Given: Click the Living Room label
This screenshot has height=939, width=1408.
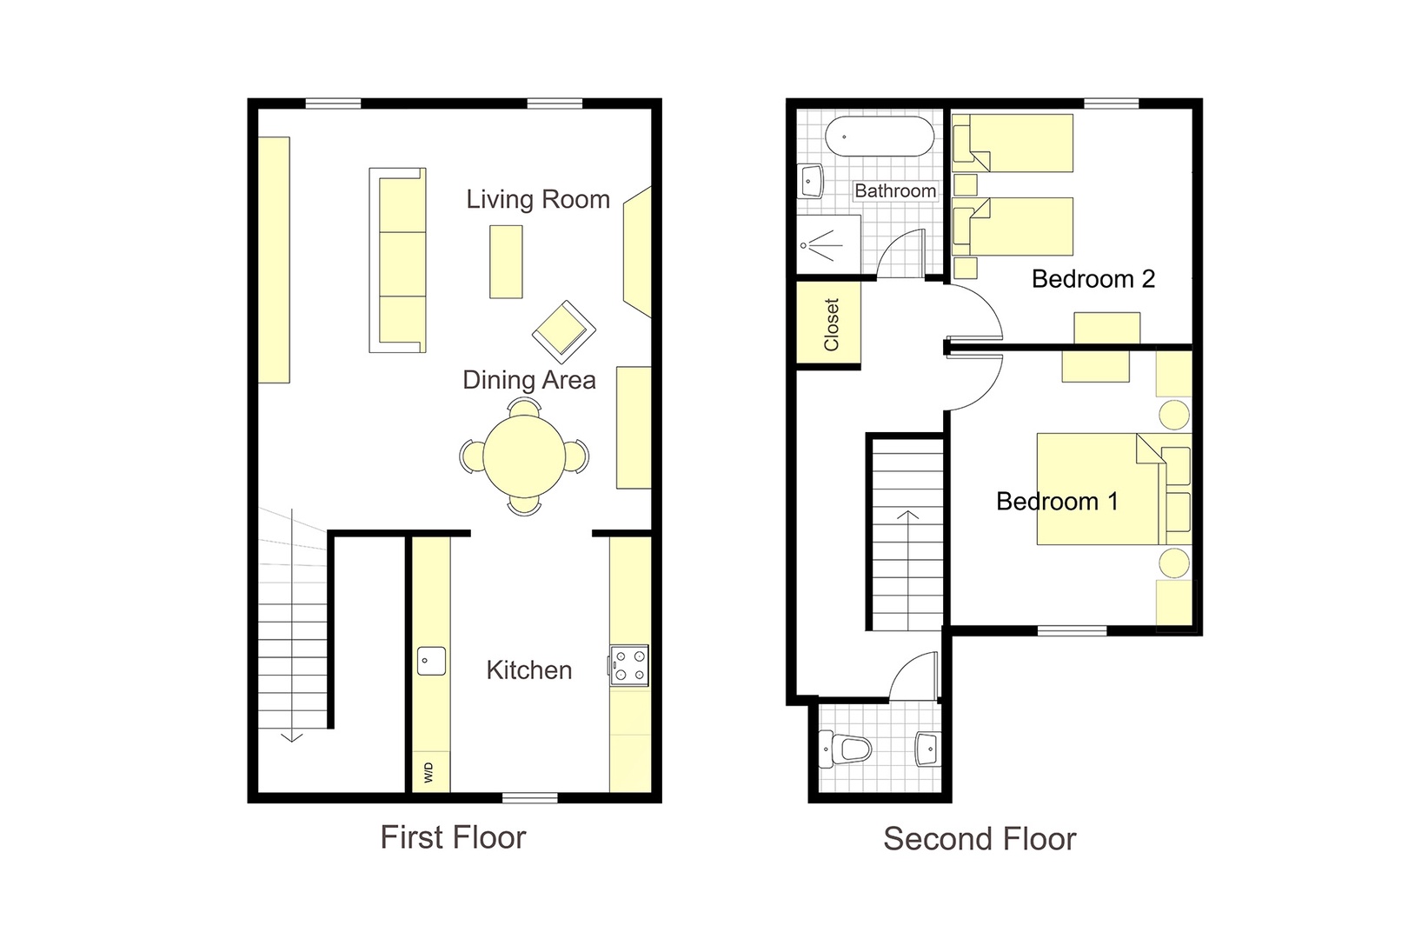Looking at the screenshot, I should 538,199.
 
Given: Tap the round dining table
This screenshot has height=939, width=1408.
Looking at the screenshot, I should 524,456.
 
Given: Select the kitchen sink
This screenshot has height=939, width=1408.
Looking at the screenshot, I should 431,661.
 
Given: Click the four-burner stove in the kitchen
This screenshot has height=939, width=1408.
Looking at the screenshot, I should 629,665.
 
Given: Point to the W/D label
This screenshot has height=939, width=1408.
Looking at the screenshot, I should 428,772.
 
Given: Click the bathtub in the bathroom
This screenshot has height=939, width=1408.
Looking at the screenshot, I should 879,137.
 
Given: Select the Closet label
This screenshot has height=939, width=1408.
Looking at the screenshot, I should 832,324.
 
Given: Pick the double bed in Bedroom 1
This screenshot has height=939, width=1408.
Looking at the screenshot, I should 1099,489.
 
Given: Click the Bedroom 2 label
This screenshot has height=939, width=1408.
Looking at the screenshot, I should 1093,279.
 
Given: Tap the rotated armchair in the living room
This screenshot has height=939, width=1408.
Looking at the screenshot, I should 563,331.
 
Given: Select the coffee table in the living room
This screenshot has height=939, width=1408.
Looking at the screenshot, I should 506,262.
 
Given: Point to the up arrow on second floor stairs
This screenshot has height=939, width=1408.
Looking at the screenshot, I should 907,522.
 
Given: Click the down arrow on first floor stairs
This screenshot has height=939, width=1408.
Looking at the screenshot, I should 292,736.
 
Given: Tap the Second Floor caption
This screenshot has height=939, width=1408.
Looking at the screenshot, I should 980,839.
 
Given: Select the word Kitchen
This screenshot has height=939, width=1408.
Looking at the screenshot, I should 528,670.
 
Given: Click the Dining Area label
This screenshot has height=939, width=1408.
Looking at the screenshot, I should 528,380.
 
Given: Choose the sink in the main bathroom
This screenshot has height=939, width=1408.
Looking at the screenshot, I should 811,183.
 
